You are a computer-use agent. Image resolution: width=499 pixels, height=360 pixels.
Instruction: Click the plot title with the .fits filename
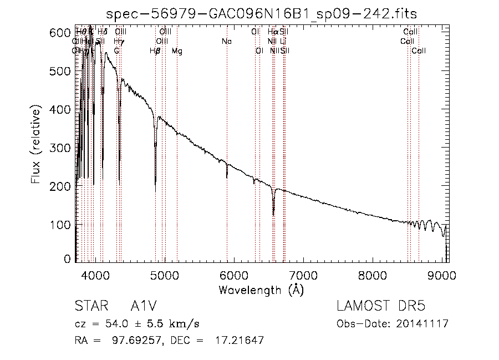coord(262,13)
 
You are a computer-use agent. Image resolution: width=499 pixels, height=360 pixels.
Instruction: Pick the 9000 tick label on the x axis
coord(442,276)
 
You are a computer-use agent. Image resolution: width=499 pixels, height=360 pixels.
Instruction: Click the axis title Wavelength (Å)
coord(261,290)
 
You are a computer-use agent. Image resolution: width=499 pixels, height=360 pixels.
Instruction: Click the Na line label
coord(226,41)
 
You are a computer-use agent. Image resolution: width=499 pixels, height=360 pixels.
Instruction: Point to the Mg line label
coord(177,51)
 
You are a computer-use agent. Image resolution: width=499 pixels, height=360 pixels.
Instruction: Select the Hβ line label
coord(155,51)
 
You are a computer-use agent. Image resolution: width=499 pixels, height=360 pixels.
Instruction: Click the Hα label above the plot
coord(272,32)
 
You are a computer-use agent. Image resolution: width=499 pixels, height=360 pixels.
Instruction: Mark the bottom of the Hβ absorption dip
coord(155,190)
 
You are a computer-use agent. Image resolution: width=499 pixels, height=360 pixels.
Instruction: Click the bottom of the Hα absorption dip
coord(273,214)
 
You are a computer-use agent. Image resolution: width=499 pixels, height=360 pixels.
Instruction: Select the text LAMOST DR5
coord(380,307)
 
